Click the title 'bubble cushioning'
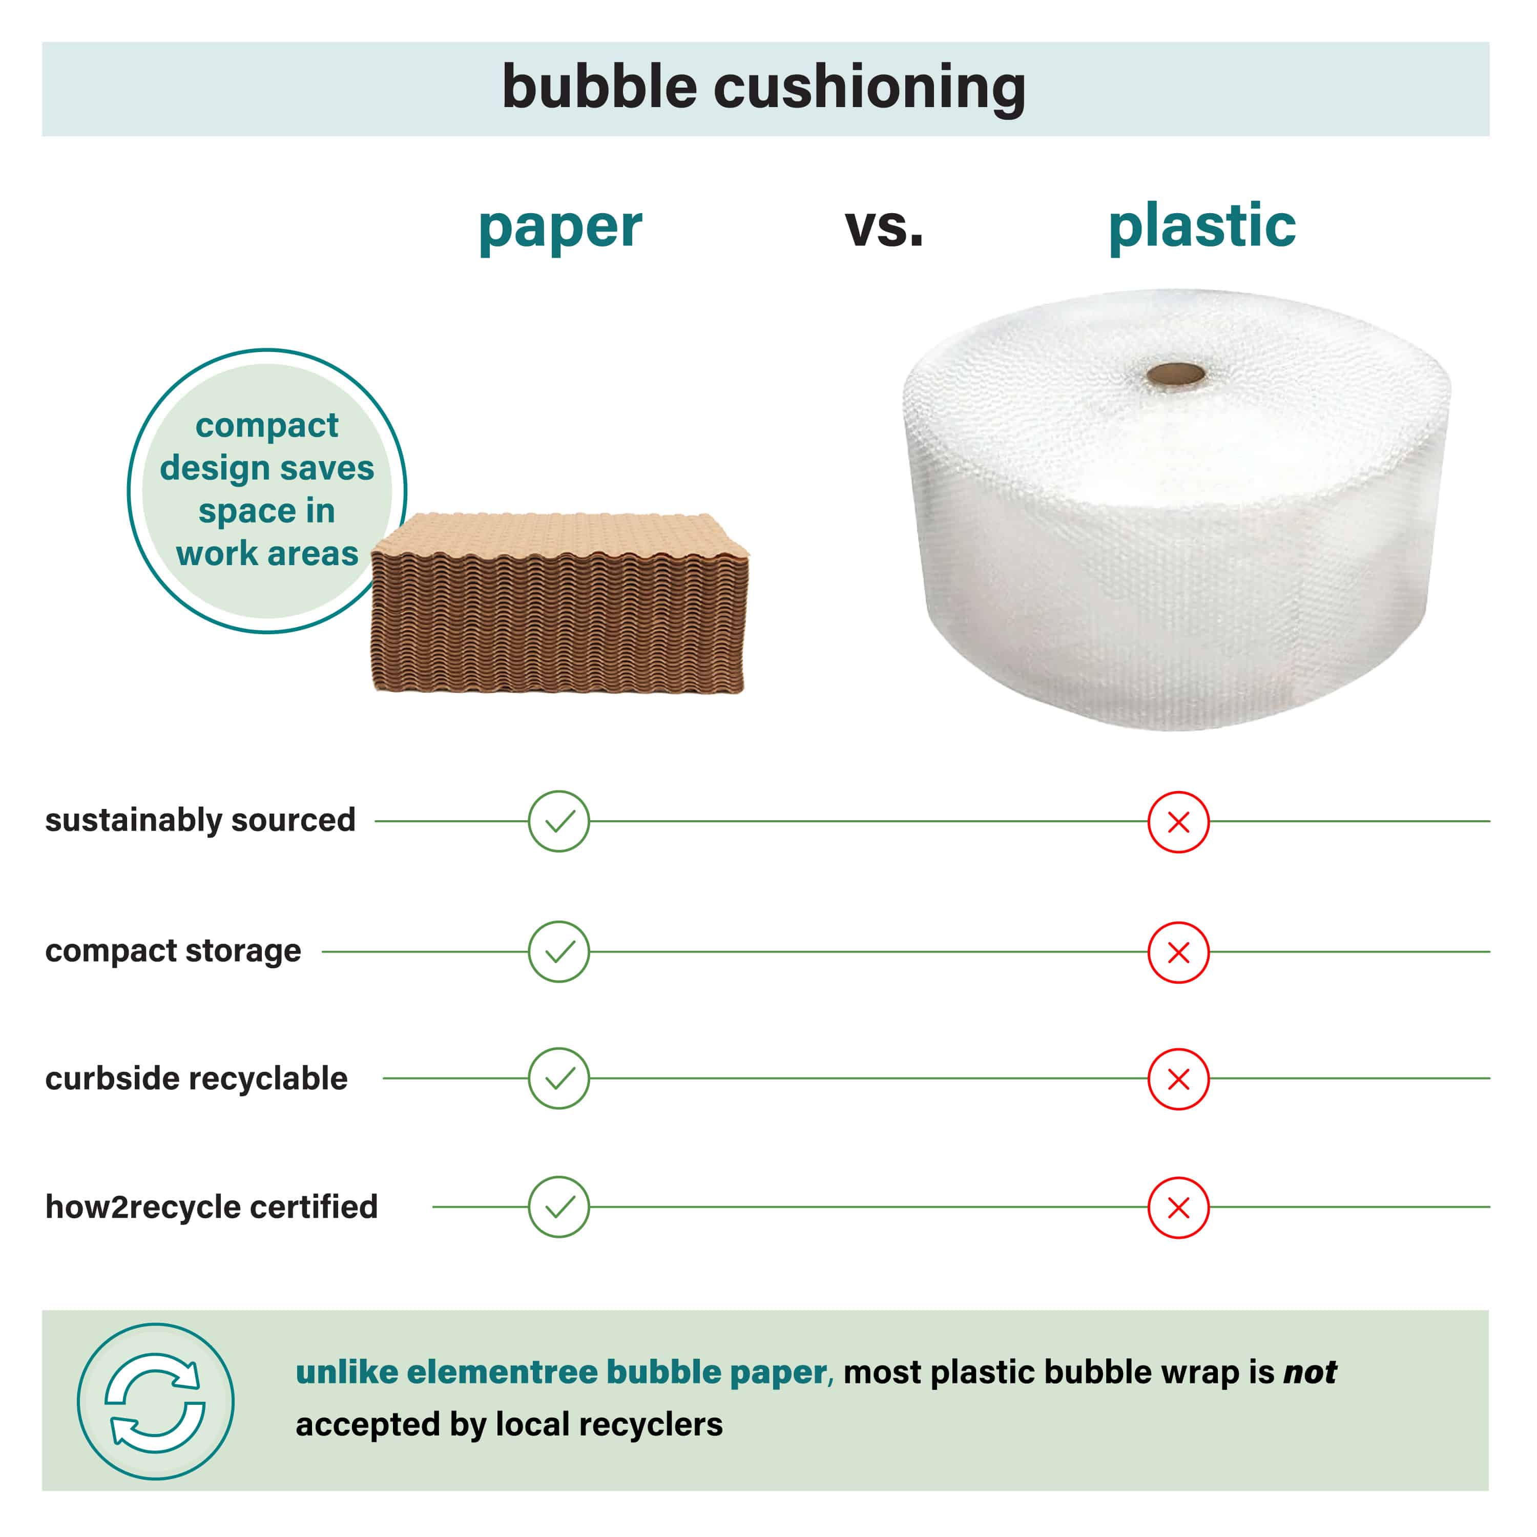pyautogui.click(x=764, y=88)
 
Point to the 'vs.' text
pyautogui.click(x=884, y=227)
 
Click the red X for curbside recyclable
pyautogui.click(x=1178, y=1079)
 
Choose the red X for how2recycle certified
pyautogui.click(x=1178, y=1208)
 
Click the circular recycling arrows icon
pyautogui.click(x=155, y=1402)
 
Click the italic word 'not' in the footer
pyautogui.click(x=1310, y=1373)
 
